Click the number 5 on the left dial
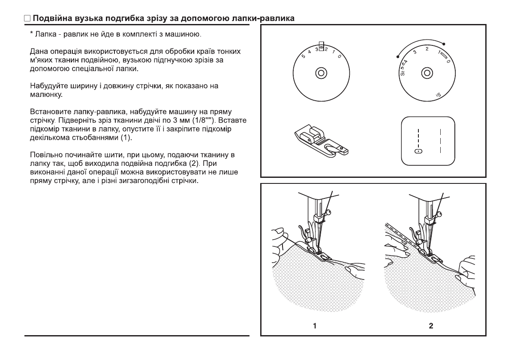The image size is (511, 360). pos(303,56)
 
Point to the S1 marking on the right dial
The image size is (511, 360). pos(438,94)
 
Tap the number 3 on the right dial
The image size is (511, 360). pos(415,52)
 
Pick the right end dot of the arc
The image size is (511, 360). pos(444,43)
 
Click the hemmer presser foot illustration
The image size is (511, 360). pos(322,139)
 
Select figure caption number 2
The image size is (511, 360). pos(431,326)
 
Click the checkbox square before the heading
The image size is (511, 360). pos(27,19)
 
